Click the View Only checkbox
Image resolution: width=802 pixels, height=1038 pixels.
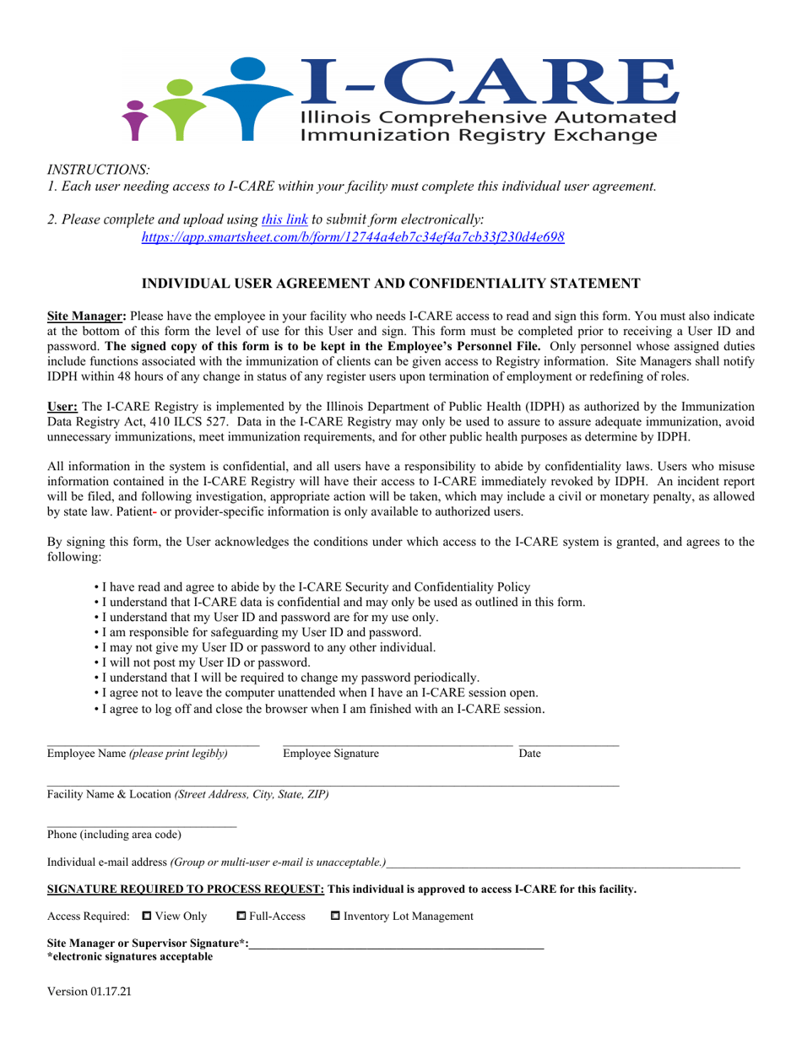(x=147, y=916)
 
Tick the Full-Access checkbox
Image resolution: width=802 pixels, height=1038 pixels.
(x=240, y=916)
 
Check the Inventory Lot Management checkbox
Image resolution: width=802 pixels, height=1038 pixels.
(x=334, y=916)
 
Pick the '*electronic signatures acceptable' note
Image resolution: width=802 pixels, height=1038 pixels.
(x=130, y=956)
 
